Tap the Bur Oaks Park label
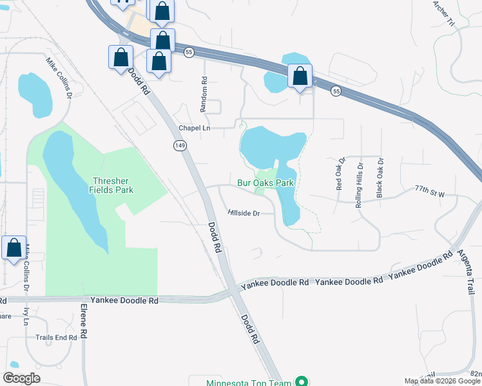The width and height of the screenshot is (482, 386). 265,183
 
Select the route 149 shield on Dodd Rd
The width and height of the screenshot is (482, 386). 180,147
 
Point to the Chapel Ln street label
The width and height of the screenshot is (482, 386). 195,128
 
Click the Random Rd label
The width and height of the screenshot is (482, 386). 204,92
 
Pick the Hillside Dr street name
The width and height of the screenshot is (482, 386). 243,213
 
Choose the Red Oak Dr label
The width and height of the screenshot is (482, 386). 340,174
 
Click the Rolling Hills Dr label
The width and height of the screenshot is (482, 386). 360,184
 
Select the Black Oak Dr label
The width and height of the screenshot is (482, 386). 380,177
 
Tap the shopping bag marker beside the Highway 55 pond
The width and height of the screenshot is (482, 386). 300,76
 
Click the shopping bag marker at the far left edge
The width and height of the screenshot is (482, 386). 14,248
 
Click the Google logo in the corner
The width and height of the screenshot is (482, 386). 21,378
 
